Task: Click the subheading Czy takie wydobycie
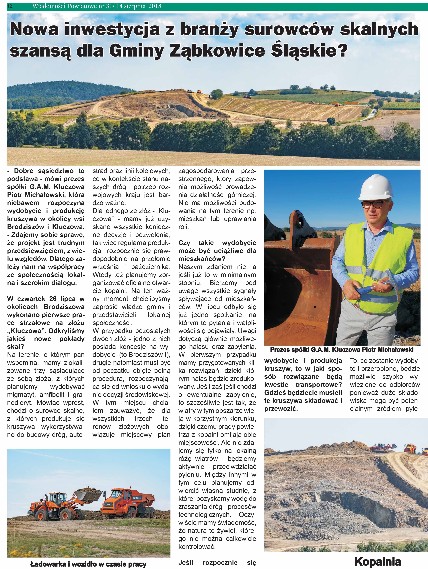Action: click(217, 243)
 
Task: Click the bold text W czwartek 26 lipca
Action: click(46, 299)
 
